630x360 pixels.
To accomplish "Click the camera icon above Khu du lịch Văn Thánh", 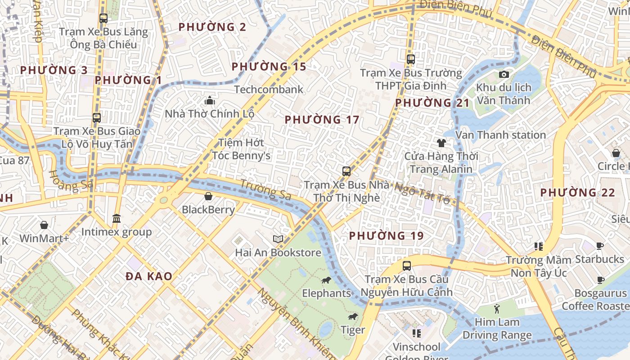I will pos(504,74).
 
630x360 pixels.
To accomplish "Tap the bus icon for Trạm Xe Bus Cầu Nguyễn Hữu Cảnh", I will pos(407,266).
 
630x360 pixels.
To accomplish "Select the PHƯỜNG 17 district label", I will pos(322,120).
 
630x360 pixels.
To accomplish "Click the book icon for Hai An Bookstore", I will pos(278,239).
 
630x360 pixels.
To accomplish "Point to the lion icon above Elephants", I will pos(326,280).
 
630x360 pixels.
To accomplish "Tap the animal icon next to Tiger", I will pos(353,317).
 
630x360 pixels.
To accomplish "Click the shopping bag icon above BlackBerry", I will pos(208,196).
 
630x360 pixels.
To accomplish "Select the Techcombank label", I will pos(269,90).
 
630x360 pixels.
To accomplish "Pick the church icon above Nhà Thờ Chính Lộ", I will pos(209,100).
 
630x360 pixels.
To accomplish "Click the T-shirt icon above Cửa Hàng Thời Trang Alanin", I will pos(441,143).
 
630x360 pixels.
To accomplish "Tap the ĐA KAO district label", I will pos(149,276).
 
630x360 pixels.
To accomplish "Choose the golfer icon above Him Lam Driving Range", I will pos(497,309).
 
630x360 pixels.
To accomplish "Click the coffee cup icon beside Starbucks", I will pos(600,246).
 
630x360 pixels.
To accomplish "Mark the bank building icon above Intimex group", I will pos(117,219).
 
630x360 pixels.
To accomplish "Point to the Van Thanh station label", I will pos(500,135).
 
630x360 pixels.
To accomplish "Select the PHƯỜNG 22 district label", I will pos(577,193).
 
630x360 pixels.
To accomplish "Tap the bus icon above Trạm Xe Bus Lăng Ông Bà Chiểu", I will pos(103,18).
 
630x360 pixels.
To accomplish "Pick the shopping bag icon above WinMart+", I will pos(44,225).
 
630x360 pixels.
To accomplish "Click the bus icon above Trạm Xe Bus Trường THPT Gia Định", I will pos(410,59).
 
